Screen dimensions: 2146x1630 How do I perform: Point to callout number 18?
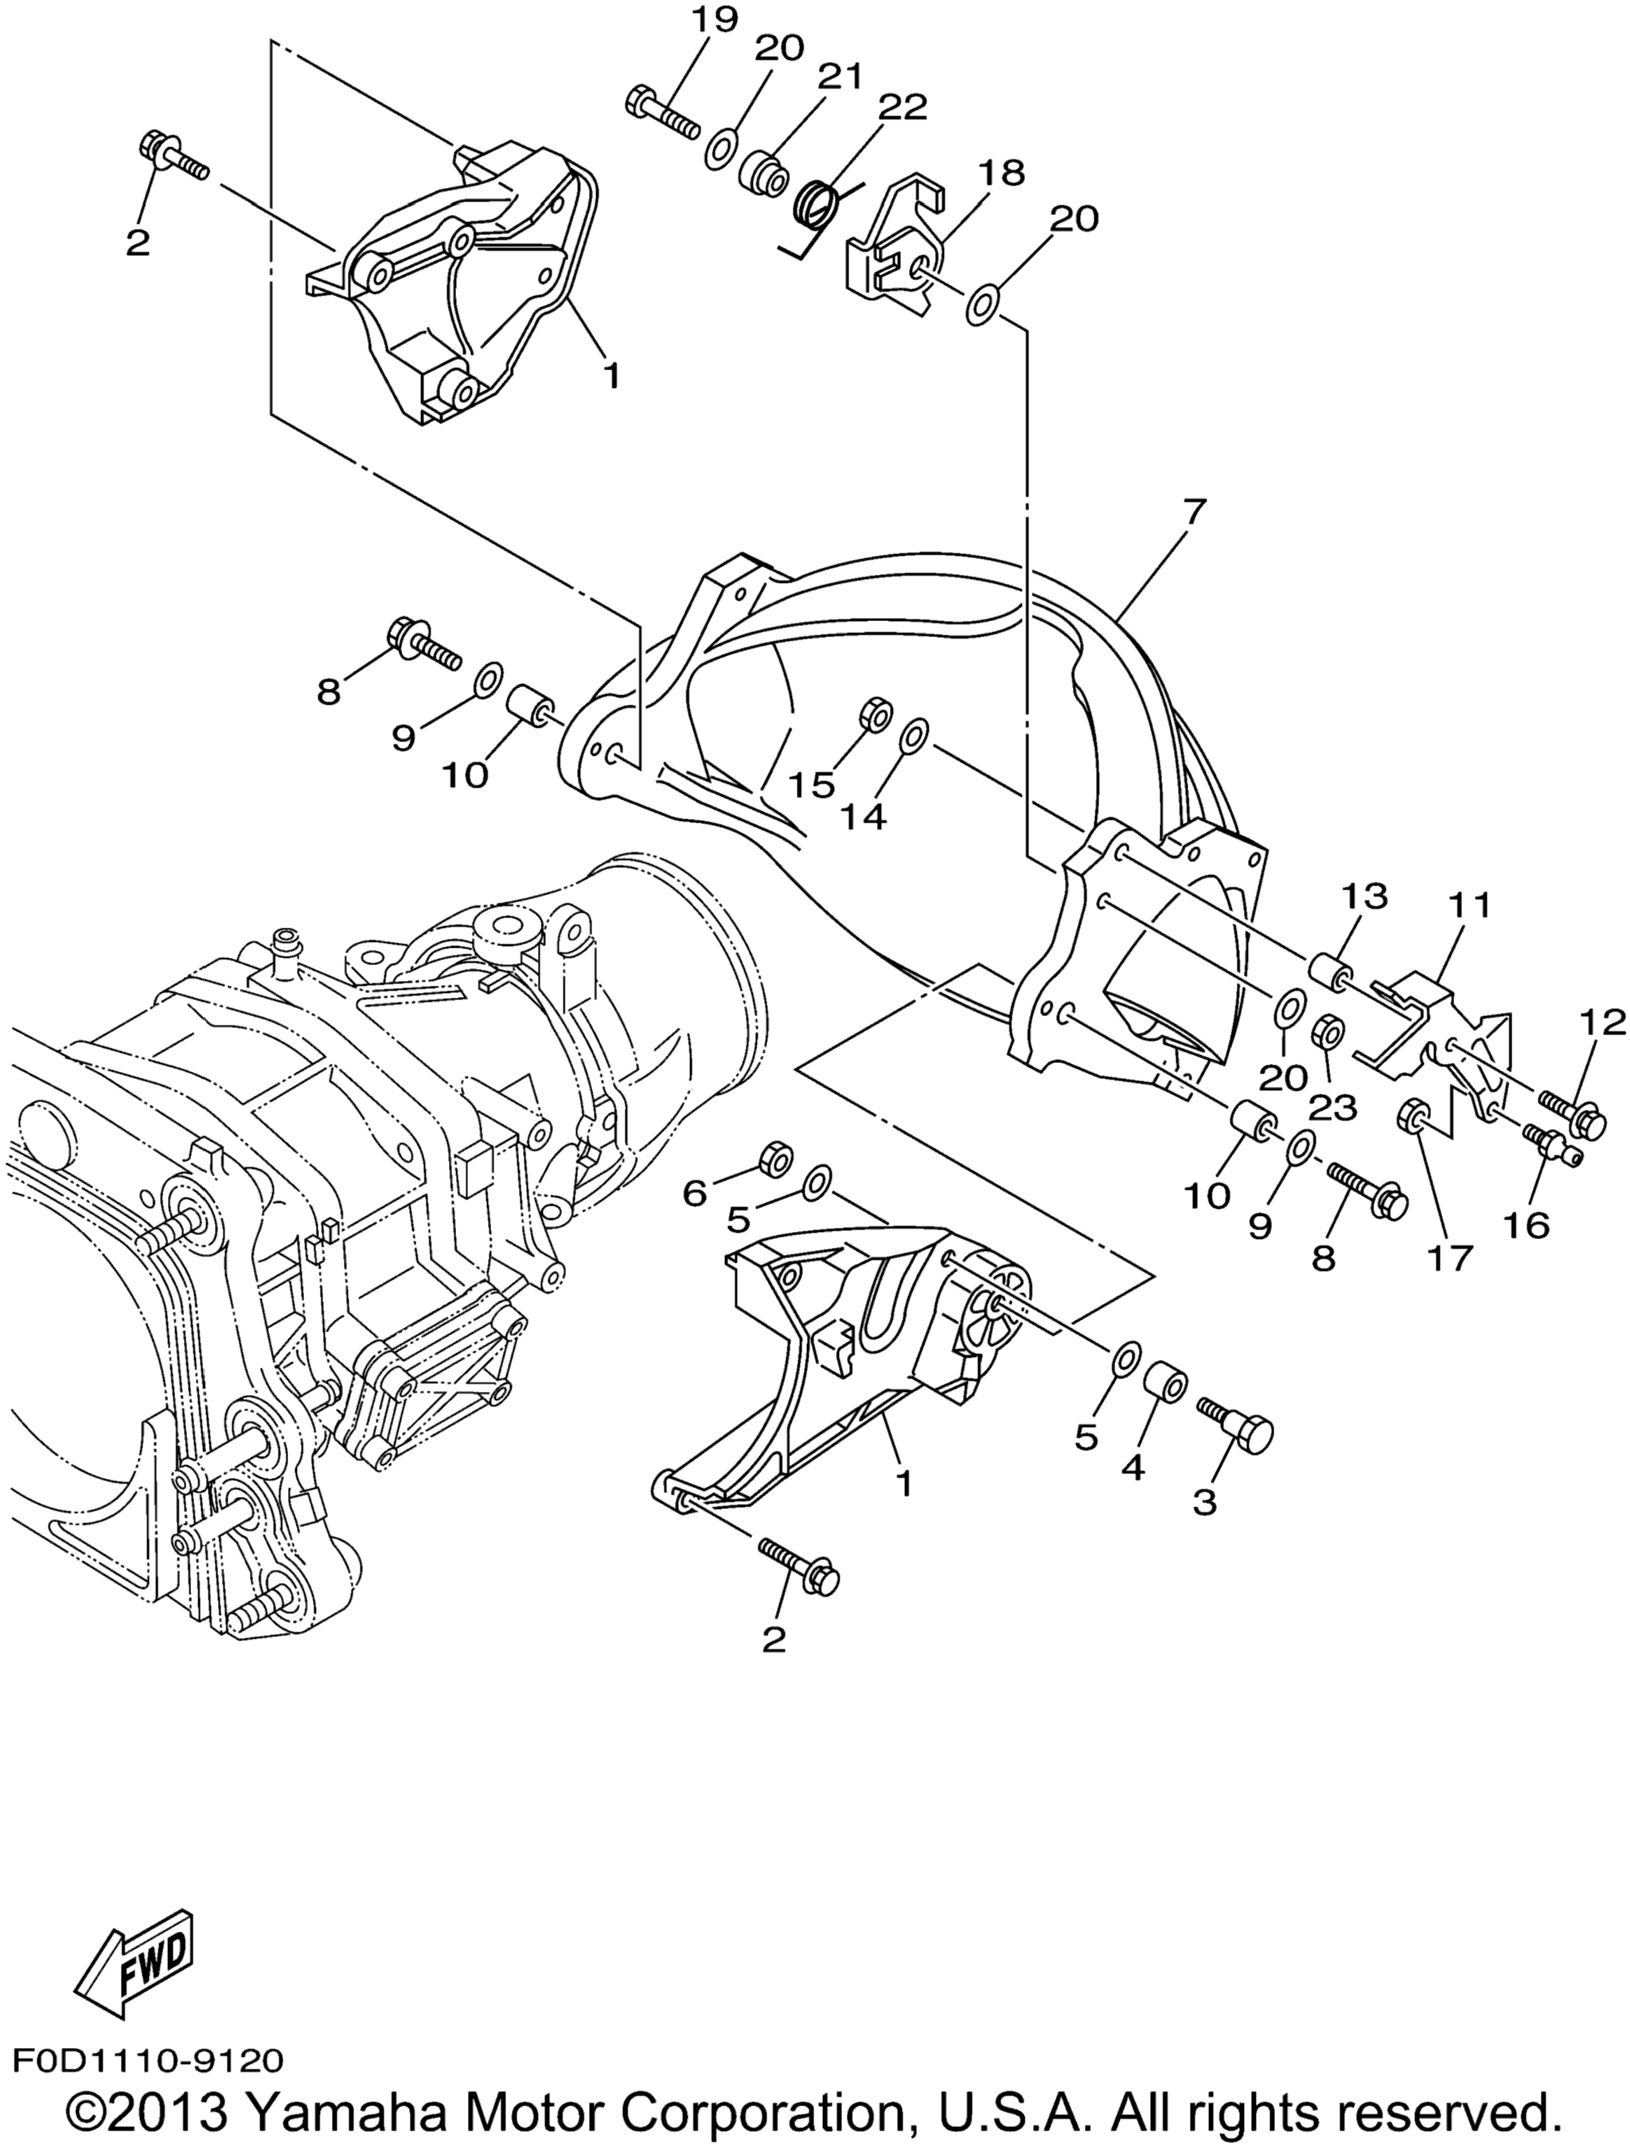[x=1000, y=174]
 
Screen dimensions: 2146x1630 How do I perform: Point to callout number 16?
[x=1527, y=1225]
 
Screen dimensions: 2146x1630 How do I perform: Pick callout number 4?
[x=1133, y=1467]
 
